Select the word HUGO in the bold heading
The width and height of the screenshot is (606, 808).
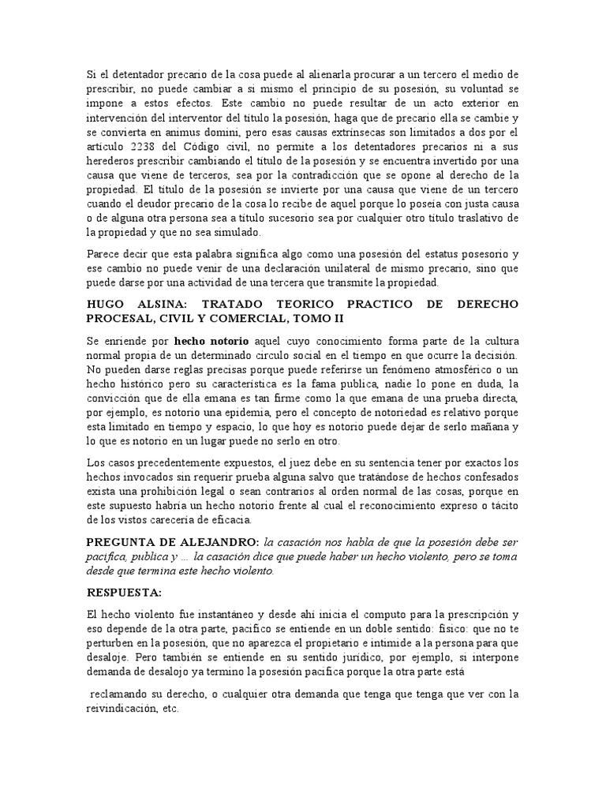pyautogui.click(x=107, y=303)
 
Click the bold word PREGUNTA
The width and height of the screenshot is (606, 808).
pyautogui.click(x=126, y=541)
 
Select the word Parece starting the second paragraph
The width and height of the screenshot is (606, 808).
pyautogui.click(x=104, y=253)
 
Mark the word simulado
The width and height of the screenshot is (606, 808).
pyautogui.click(x=243, y=232)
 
